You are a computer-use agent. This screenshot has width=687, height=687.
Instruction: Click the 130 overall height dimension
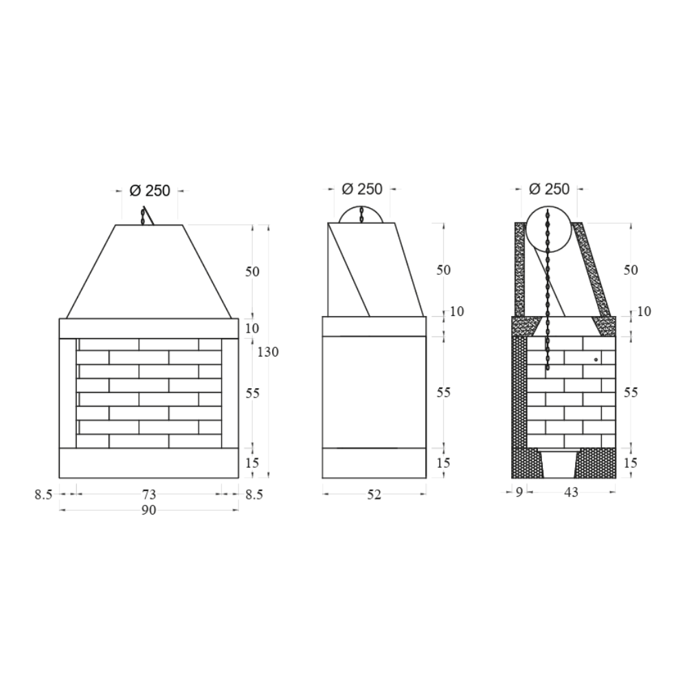click(x=268, y=352)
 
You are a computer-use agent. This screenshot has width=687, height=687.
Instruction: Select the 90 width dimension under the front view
click(x=149, y=510)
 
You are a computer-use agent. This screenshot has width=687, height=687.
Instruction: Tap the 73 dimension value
click(x=149, y=493)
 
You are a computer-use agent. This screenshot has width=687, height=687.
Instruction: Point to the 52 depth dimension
click(x=374, y=493)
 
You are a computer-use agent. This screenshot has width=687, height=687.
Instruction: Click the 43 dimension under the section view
click(x=571, y=492)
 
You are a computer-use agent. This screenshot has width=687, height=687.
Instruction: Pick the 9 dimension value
click(x=519, y=492)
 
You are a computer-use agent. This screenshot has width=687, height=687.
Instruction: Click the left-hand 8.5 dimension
click(x=43, y=494)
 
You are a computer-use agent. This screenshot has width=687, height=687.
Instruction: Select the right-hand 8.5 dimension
click(x=254, y=494)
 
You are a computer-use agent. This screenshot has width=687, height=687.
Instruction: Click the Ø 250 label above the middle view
click(x=362, y=189)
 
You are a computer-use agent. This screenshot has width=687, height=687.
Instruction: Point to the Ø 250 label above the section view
click(x=550, y=189)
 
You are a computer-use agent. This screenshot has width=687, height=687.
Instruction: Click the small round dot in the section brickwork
click(x=596, y=359)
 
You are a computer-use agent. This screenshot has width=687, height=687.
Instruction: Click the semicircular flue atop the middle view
click(x=361, y=214)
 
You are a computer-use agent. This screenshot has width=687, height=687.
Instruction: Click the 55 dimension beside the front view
click(x=252, y=394)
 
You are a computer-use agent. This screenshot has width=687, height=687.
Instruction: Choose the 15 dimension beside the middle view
click(x=444, y=463)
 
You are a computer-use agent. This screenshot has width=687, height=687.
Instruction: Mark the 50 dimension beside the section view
click(x=631, y=270)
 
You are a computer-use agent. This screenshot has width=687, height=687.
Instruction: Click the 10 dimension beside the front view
click(x=252, y=328)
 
